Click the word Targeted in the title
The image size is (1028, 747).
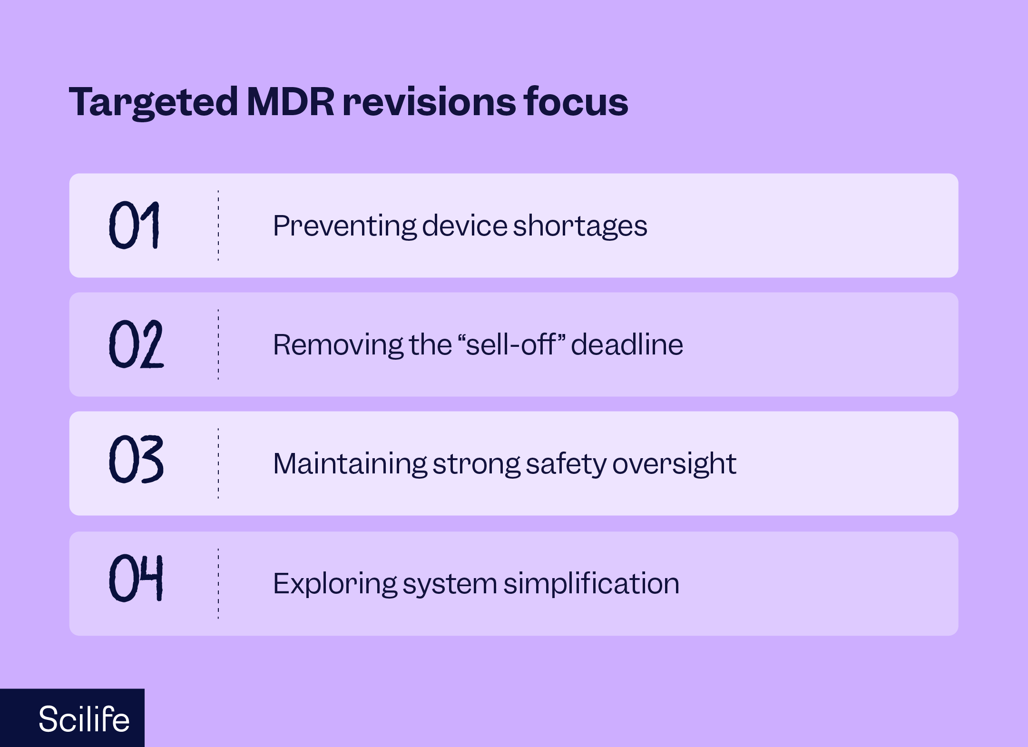(x=153, y=102)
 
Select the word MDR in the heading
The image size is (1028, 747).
(x=291, y=102)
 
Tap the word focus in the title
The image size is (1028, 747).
(x=576, y=102)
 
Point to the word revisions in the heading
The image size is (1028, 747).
(x=429, y=102)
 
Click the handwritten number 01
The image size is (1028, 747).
(x=134, y=225)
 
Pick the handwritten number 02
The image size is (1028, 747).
(x=136, y=344)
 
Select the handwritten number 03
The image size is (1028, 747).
(x=136, y=460)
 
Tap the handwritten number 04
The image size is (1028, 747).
(x=136, y=579)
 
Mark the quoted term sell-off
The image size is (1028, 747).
(x=510, y=344)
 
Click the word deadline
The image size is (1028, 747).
(x=627, y=344)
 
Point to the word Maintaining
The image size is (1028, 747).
(x=350, y=463)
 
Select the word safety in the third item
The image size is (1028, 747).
(x=566, y=463)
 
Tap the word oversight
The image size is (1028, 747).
(x=674, y=463)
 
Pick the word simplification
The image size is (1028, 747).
(x=591, y=583)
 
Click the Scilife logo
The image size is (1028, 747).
(x=84, y=718)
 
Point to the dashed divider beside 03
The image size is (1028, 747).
(x=218, y=463)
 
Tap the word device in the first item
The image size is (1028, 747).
(x=464, y=226)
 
